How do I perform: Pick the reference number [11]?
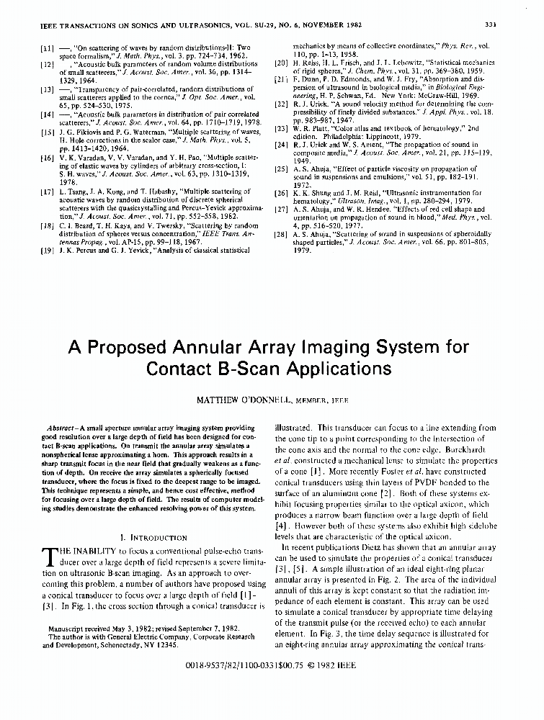coord(47,48)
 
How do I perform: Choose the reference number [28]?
coord(282,235)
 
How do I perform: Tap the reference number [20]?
coord(282,63)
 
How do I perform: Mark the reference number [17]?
coord(47,192)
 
